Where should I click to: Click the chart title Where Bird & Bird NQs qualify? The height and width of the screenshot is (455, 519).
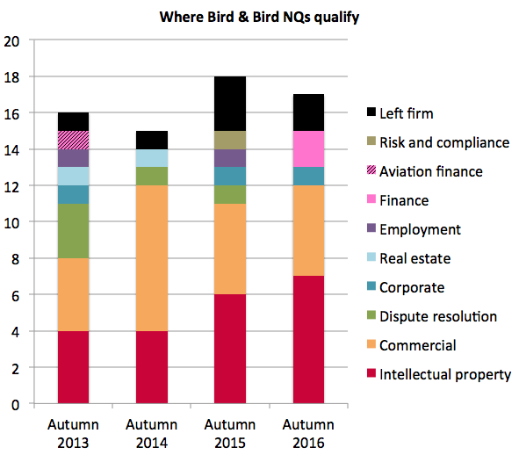point(259,17)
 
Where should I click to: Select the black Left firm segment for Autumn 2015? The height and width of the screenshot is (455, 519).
point(229,104)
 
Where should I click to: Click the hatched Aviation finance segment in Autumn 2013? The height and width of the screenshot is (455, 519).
point(73,140)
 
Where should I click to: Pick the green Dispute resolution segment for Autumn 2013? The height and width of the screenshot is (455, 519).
point(73,231)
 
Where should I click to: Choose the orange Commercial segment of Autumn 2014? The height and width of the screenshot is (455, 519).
point(151,258)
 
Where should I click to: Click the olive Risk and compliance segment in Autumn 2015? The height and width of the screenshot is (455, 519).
point(229,140)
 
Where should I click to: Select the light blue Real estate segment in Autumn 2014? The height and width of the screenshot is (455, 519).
point(151,158)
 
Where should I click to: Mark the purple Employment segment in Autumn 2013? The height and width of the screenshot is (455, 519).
point(73,158)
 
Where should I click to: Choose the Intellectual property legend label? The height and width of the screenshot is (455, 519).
point(444,374)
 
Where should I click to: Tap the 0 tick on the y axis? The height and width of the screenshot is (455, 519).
point(15,404)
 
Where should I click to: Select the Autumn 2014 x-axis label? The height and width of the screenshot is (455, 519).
point(151,433)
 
